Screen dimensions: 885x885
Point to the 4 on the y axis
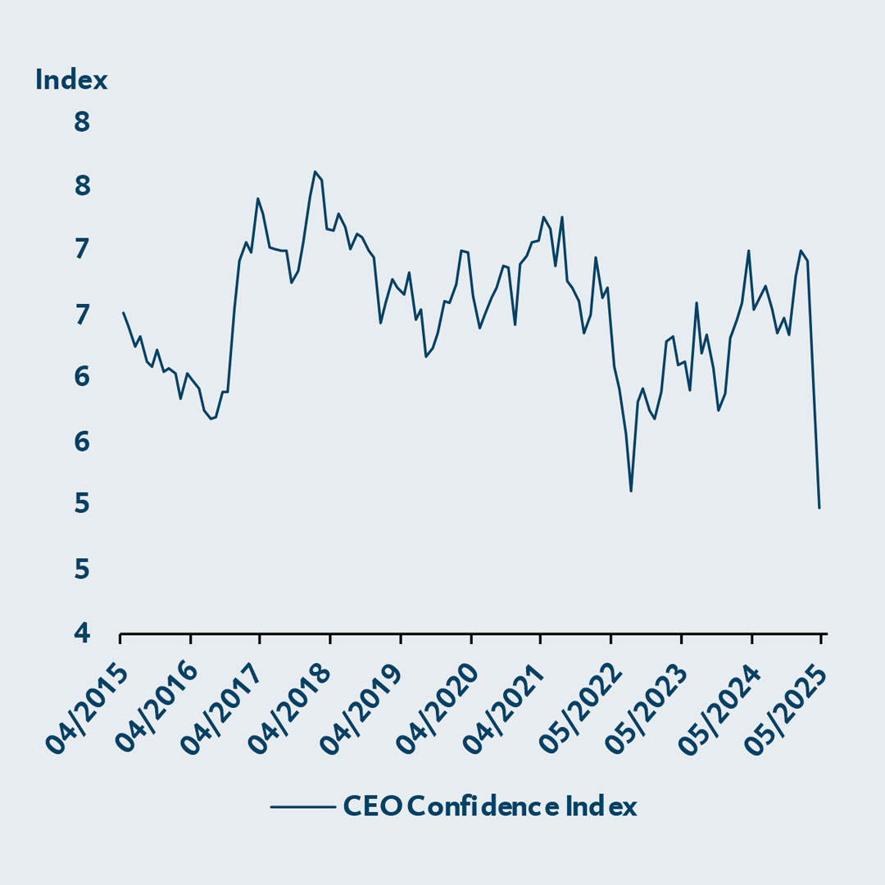(84, 633)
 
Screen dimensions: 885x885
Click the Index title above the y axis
(71, 80)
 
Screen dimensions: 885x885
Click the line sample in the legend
(303, 807)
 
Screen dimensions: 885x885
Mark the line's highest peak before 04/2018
(315, 171)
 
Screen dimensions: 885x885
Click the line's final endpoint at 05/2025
(819, 508)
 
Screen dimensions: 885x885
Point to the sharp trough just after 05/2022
(631, 492)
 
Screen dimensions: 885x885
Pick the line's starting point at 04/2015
(123, 312)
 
